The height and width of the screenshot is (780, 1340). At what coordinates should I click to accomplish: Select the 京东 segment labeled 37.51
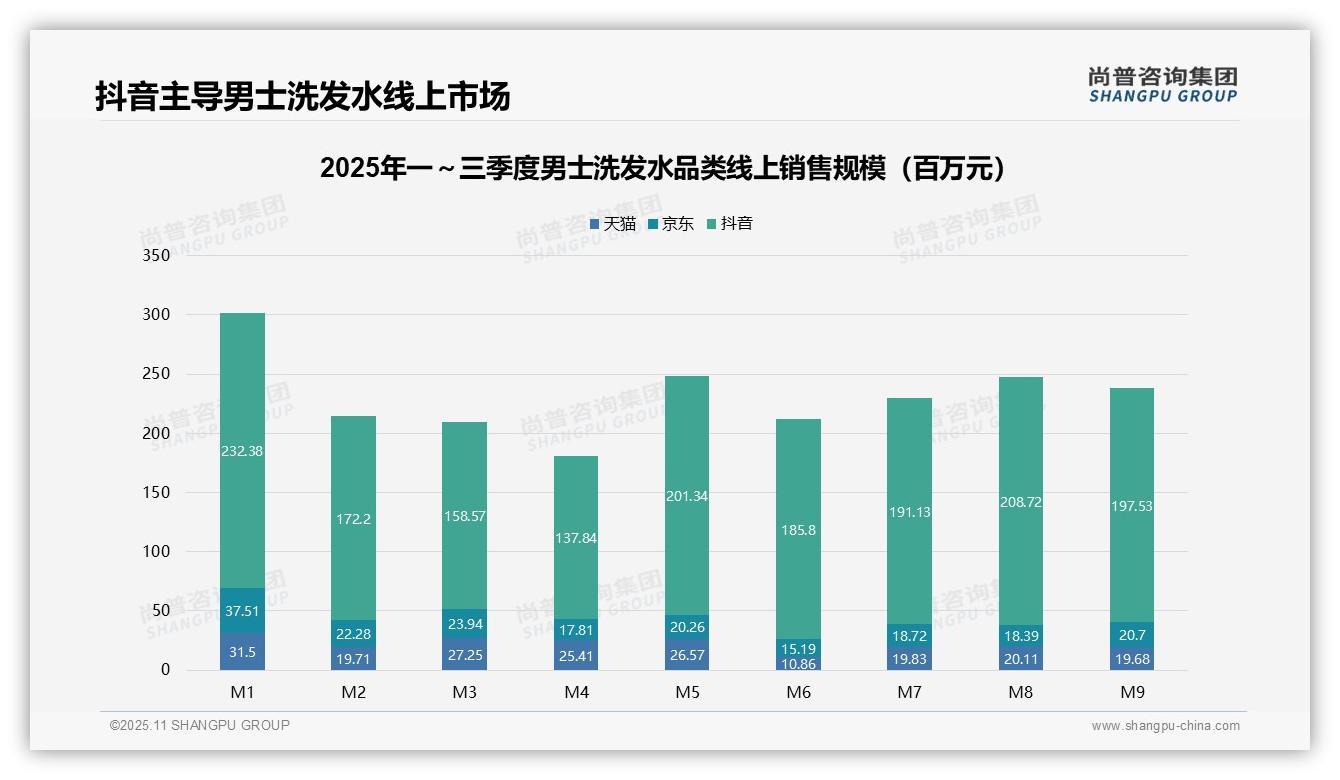click(242, 610)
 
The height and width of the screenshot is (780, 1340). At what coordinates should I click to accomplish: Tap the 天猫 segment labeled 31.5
click(242, 651)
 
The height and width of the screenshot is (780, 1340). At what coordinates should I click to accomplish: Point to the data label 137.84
click(575, 538)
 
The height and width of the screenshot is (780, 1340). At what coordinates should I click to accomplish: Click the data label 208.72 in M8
click(1020, 502)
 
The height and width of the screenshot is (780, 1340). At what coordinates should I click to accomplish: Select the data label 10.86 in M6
click(798, 663)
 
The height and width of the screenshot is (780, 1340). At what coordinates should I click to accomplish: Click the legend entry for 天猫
click(613, 224)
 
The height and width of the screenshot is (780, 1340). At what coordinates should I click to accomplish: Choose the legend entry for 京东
click(671, 224)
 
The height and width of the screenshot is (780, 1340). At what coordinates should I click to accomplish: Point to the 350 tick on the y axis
click(157, 255)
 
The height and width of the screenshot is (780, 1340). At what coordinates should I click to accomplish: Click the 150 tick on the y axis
click(157, 492)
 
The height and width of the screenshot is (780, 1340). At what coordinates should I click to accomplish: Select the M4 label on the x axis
click(576, 692)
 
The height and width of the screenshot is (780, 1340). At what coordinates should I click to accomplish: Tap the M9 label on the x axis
click(1131, 692)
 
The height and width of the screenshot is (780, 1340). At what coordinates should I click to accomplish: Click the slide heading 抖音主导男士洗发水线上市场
click(302, 96)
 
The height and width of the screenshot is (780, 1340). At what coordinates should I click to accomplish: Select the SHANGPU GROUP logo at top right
click(1162, 85)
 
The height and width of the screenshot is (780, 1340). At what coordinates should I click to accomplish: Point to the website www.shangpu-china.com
click(1165, 726)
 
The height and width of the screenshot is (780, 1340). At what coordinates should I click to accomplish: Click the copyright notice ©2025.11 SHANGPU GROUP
click(200, 725)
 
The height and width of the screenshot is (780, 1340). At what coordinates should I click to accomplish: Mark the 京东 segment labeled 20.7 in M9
click(1131, 634)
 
